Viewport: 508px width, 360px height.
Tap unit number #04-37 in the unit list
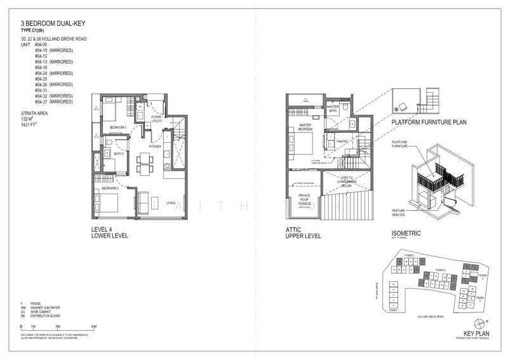pyautogui.click(x=42, y=102)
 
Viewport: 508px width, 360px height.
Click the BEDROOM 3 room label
pyautogui.click(x=117, y=128)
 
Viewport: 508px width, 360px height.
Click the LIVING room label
pyautogui.click(x=170, y=203)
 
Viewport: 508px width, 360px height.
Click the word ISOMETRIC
pyautogui.click(x=407, y=233)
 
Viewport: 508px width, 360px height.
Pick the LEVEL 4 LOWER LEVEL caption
pyautogui.click(x=110, y=232)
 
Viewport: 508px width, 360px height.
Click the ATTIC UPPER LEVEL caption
pyautogui.click(x=304, y=232)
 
